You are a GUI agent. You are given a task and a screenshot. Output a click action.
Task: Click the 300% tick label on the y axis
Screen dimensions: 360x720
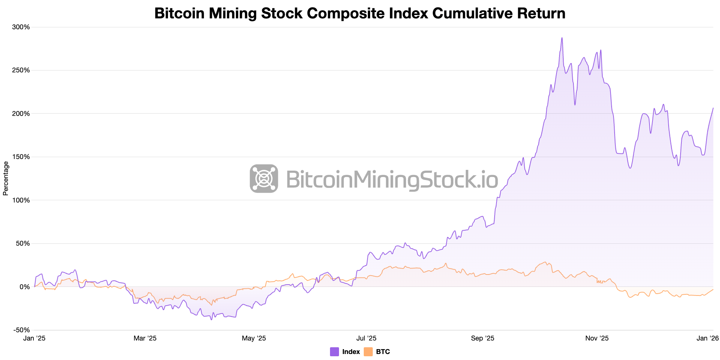click(21, 27)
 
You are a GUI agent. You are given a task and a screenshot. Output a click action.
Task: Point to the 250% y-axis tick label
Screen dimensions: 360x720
click(21, 70)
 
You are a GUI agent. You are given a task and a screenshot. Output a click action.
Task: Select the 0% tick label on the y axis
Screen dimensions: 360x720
click(24, 287)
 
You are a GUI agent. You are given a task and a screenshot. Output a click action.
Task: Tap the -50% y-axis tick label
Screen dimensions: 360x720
click(22, 330)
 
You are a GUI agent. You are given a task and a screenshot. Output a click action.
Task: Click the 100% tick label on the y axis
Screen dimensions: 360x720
click(21, 200)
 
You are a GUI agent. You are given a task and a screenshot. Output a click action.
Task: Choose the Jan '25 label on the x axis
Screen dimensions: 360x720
click(34, 338)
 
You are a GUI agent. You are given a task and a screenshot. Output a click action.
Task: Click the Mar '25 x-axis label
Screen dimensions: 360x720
click(145, 338)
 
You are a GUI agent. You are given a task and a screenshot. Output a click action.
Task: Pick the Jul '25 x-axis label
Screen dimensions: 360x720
click(366, 338)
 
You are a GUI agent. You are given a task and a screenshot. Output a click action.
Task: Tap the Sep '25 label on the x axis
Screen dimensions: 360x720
click(483, 338)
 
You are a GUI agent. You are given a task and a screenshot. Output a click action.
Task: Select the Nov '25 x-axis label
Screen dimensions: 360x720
click(597, 338)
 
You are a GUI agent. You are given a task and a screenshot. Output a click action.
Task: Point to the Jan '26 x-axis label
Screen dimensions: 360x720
click(708, 338)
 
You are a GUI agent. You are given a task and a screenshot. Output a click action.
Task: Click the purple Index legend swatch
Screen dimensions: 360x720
click(334, 352)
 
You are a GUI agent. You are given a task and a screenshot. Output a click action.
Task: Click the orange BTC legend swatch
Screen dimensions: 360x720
click(368, 352)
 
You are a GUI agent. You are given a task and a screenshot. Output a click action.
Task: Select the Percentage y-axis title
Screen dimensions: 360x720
click(6, 178)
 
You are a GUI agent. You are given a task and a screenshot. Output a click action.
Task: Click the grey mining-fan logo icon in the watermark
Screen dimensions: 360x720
click(264, 178)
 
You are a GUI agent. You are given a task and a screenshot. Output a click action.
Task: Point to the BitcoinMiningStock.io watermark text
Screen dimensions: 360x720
click(392, 179)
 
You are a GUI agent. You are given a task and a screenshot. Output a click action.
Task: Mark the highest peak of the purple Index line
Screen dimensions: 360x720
click(562, 38)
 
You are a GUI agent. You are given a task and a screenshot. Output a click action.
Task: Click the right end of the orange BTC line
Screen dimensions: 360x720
click(713, 289)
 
